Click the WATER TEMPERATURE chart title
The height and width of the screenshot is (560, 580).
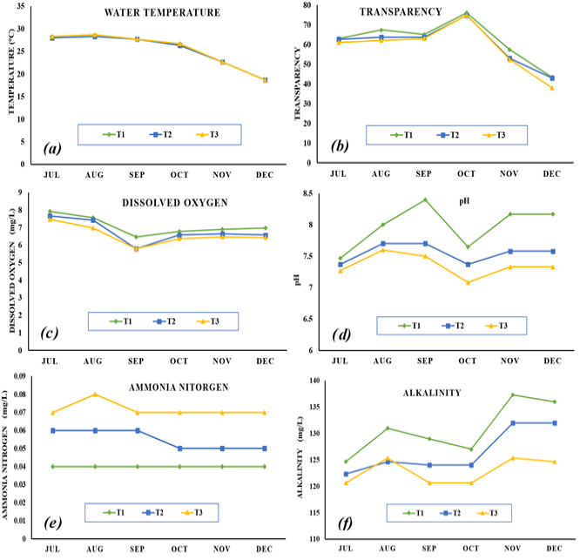click(162, 12)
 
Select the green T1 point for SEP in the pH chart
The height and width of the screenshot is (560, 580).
click(425, 199)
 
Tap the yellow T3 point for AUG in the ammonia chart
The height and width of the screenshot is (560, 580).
click(95, 395)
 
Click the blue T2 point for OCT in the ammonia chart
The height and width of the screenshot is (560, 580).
click(179, 449)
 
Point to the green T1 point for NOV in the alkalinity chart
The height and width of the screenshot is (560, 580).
click(513, 395)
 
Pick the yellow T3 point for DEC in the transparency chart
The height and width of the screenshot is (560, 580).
click(552, 88)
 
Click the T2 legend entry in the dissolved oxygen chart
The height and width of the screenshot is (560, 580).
click(165, 321)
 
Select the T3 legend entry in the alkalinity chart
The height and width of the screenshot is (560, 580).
click(487, 513)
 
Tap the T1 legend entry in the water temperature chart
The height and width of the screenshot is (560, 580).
click(114, 135)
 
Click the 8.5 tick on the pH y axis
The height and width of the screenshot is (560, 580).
click(307, 193)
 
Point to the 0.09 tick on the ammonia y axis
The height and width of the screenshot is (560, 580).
click(19, 376)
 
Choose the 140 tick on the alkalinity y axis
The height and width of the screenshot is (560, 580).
click(314, 381)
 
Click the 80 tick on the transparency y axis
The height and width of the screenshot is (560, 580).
click(307, 5)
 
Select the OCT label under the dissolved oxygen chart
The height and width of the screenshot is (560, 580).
click(179, 361)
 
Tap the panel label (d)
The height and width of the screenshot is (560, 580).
click(341, 334)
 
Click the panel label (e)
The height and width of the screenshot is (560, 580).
click(52, 523)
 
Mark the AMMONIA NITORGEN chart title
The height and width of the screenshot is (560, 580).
click(179, 388)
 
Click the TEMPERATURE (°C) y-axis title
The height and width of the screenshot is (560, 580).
click(11, 71)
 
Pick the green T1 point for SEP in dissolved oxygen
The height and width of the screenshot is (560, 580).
click(136, 237)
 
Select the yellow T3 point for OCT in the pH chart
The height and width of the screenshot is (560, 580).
click(468, 282)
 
